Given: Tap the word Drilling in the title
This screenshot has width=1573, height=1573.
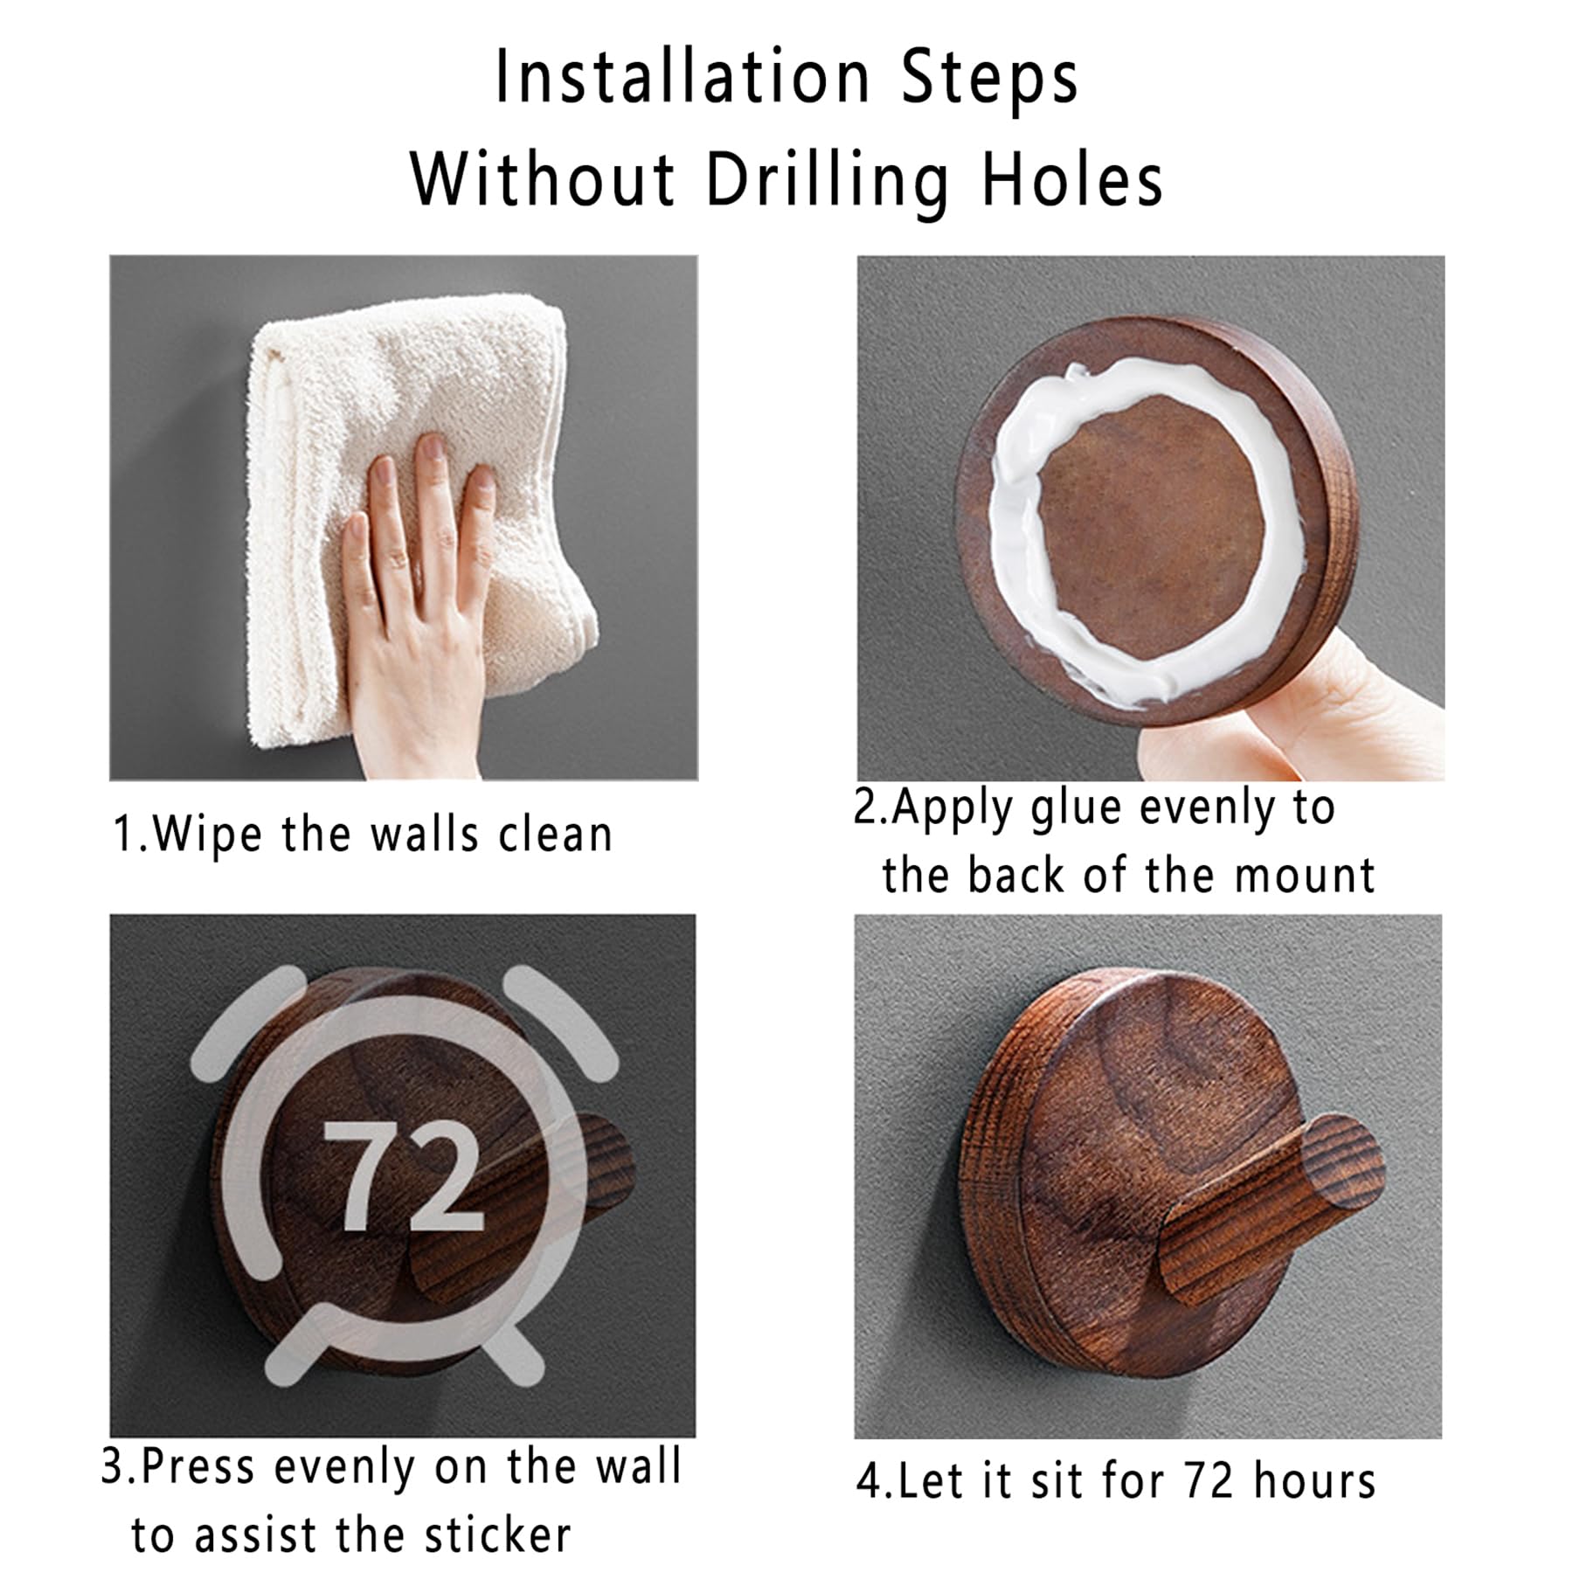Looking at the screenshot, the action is coord(826,182).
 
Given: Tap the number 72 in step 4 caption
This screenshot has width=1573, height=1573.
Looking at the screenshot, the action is coord(1209,1480).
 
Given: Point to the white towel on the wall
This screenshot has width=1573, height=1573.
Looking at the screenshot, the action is coord(419,516).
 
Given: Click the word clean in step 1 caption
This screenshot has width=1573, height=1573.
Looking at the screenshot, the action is coord(555,835).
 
